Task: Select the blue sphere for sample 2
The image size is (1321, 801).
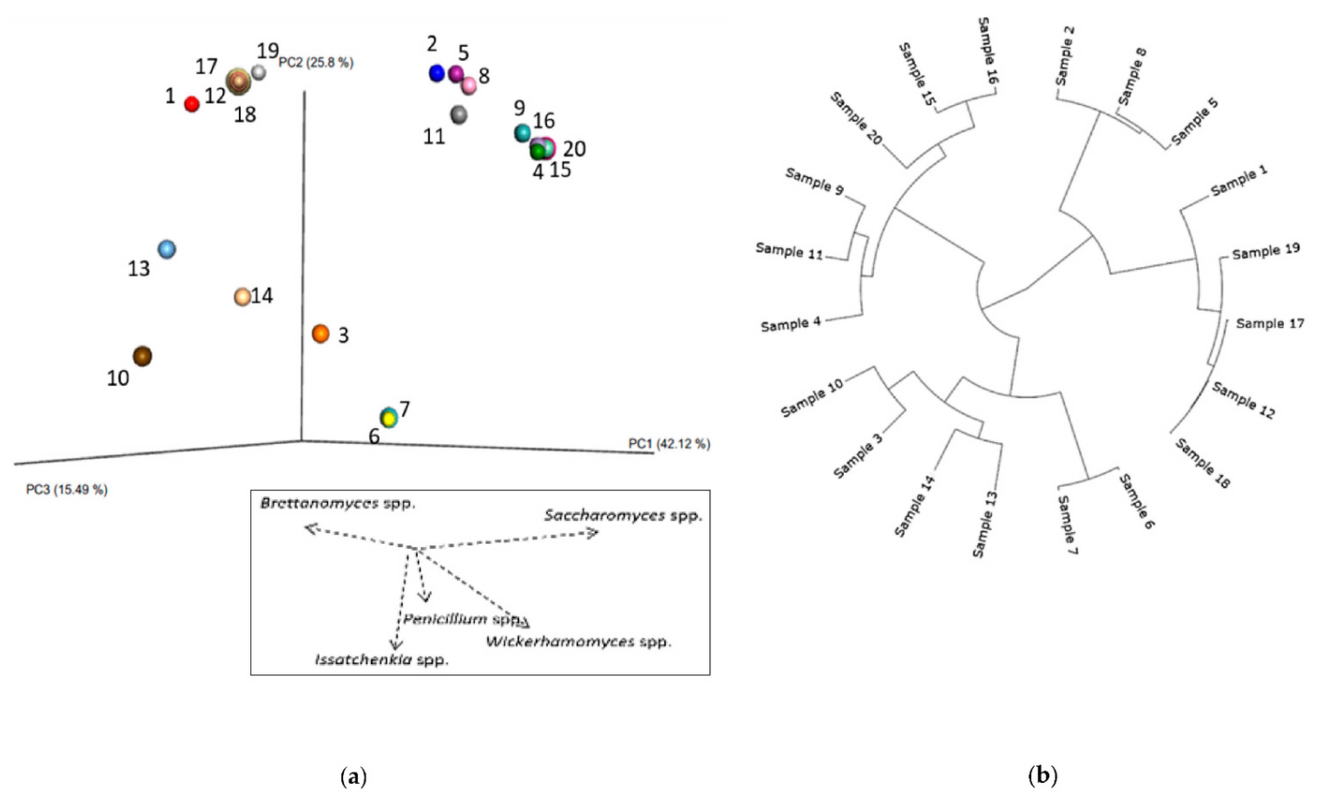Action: (x=437, y=73)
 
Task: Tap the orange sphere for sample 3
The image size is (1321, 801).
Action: (x=321, y=333)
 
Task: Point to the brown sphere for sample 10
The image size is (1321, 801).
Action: (x=143, y=356)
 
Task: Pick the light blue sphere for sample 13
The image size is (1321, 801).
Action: (x=167, y=249)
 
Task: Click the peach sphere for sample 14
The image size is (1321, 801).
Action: (x=242, y=296)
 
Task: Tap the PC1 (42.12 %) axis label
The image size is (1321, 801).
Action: (x=669, y=444)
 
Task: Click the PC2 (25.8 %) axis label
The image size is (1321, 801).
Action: (x=316, y=63)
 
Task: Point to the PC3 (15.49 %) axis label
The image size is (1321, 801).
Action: (x=66, y=490)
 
